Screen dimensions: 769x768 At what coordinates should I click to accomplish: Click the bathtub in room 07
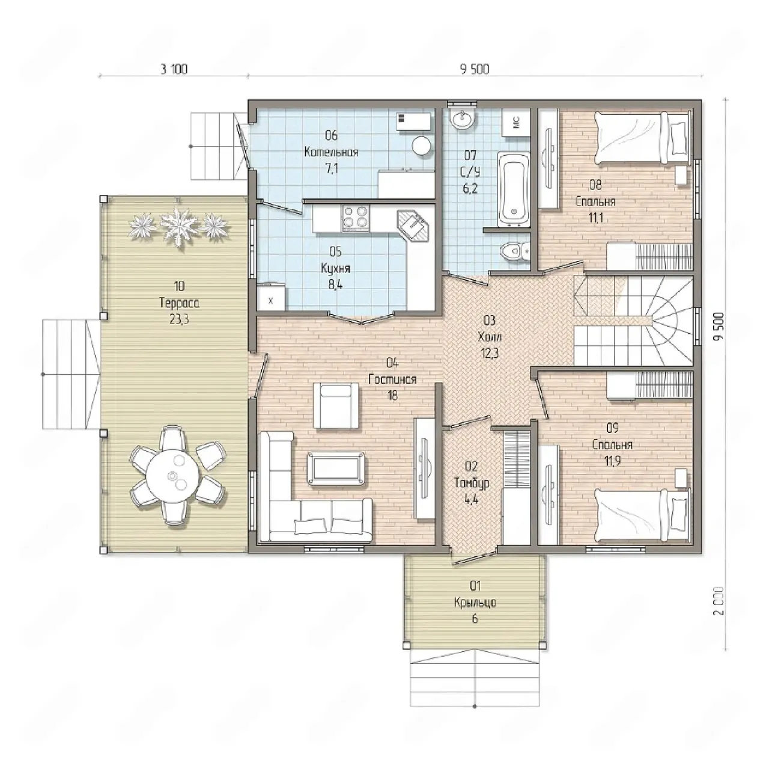click(x=513, y=189)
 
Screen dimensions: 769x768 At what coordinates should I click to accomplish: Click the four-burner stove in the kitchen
click(x=356, y=218)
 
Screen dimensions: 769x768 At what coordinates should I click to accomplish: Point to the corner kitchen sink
click(x=413, y=226)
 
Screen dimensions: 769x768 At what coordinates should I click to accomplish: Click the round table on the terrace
click(x=172, y=476)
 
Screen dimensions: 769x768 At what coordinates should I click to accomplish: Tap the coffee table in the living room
click(x=336, y=468)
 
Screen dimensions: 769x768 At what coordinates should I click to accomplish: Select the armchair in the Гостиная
click(x=336, y=405)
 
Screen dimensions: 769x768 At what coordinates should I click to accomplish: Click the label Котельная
click(x=331, y=152)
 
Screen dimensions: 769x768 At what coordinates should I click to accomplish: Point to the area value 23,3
click(x=179, y=320)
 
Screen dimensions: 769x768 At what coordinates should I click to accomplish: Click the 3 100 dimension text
click(x=174, y=69)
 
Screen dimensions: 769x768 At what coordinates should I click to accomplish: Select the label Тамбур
click(x=472, y=484)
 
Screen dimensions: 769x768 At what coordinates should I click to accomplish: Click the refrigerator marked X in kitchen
click(x=271, y=297)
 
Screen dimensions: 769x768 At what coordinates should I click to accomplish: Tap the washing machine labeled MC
click(x=516, y=122)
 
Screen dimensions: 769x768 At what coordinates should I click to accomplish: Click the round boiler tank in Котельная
click(x=422, y=146)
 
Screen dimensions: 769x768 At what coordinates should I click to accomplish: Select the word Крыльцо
click(x=475, y=602)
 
